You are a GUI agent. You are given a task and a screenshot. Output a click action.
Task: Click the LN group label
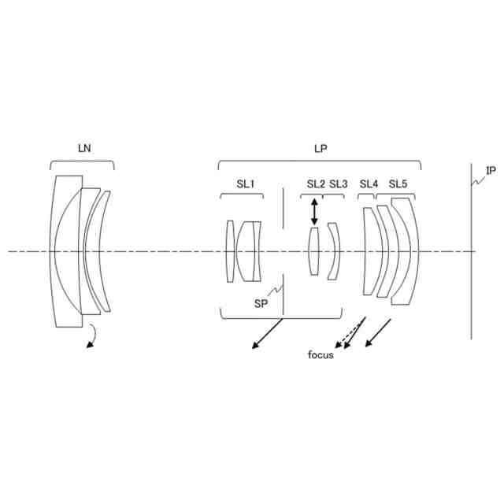tap(84, 148)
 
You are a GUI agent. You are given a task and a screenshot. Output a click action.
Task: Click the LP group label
tap(321, 149)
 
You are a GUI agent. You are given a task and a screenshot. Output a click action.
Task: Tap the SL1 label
tap(246, 183)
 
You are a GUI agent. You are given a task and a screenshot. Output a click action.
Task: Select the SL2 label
tap(316, 183)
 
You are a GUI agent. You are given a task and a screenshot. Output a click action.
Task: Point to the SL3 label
tap(339, 183)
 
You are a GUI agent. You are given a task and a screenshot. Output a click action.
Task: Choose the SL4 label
tap(369, 183)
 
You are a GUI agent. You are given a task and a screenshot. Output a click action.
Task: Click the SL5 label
tap(398, 183)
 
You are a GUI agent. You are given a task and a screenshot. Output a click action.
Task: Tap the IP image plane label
tap(491, 171)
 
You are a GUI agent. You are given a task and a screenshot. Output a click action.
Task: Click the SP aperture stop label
tap(261, 303)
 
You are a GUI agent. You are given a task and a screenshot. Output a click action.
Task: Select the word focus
tap(321, 355)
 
